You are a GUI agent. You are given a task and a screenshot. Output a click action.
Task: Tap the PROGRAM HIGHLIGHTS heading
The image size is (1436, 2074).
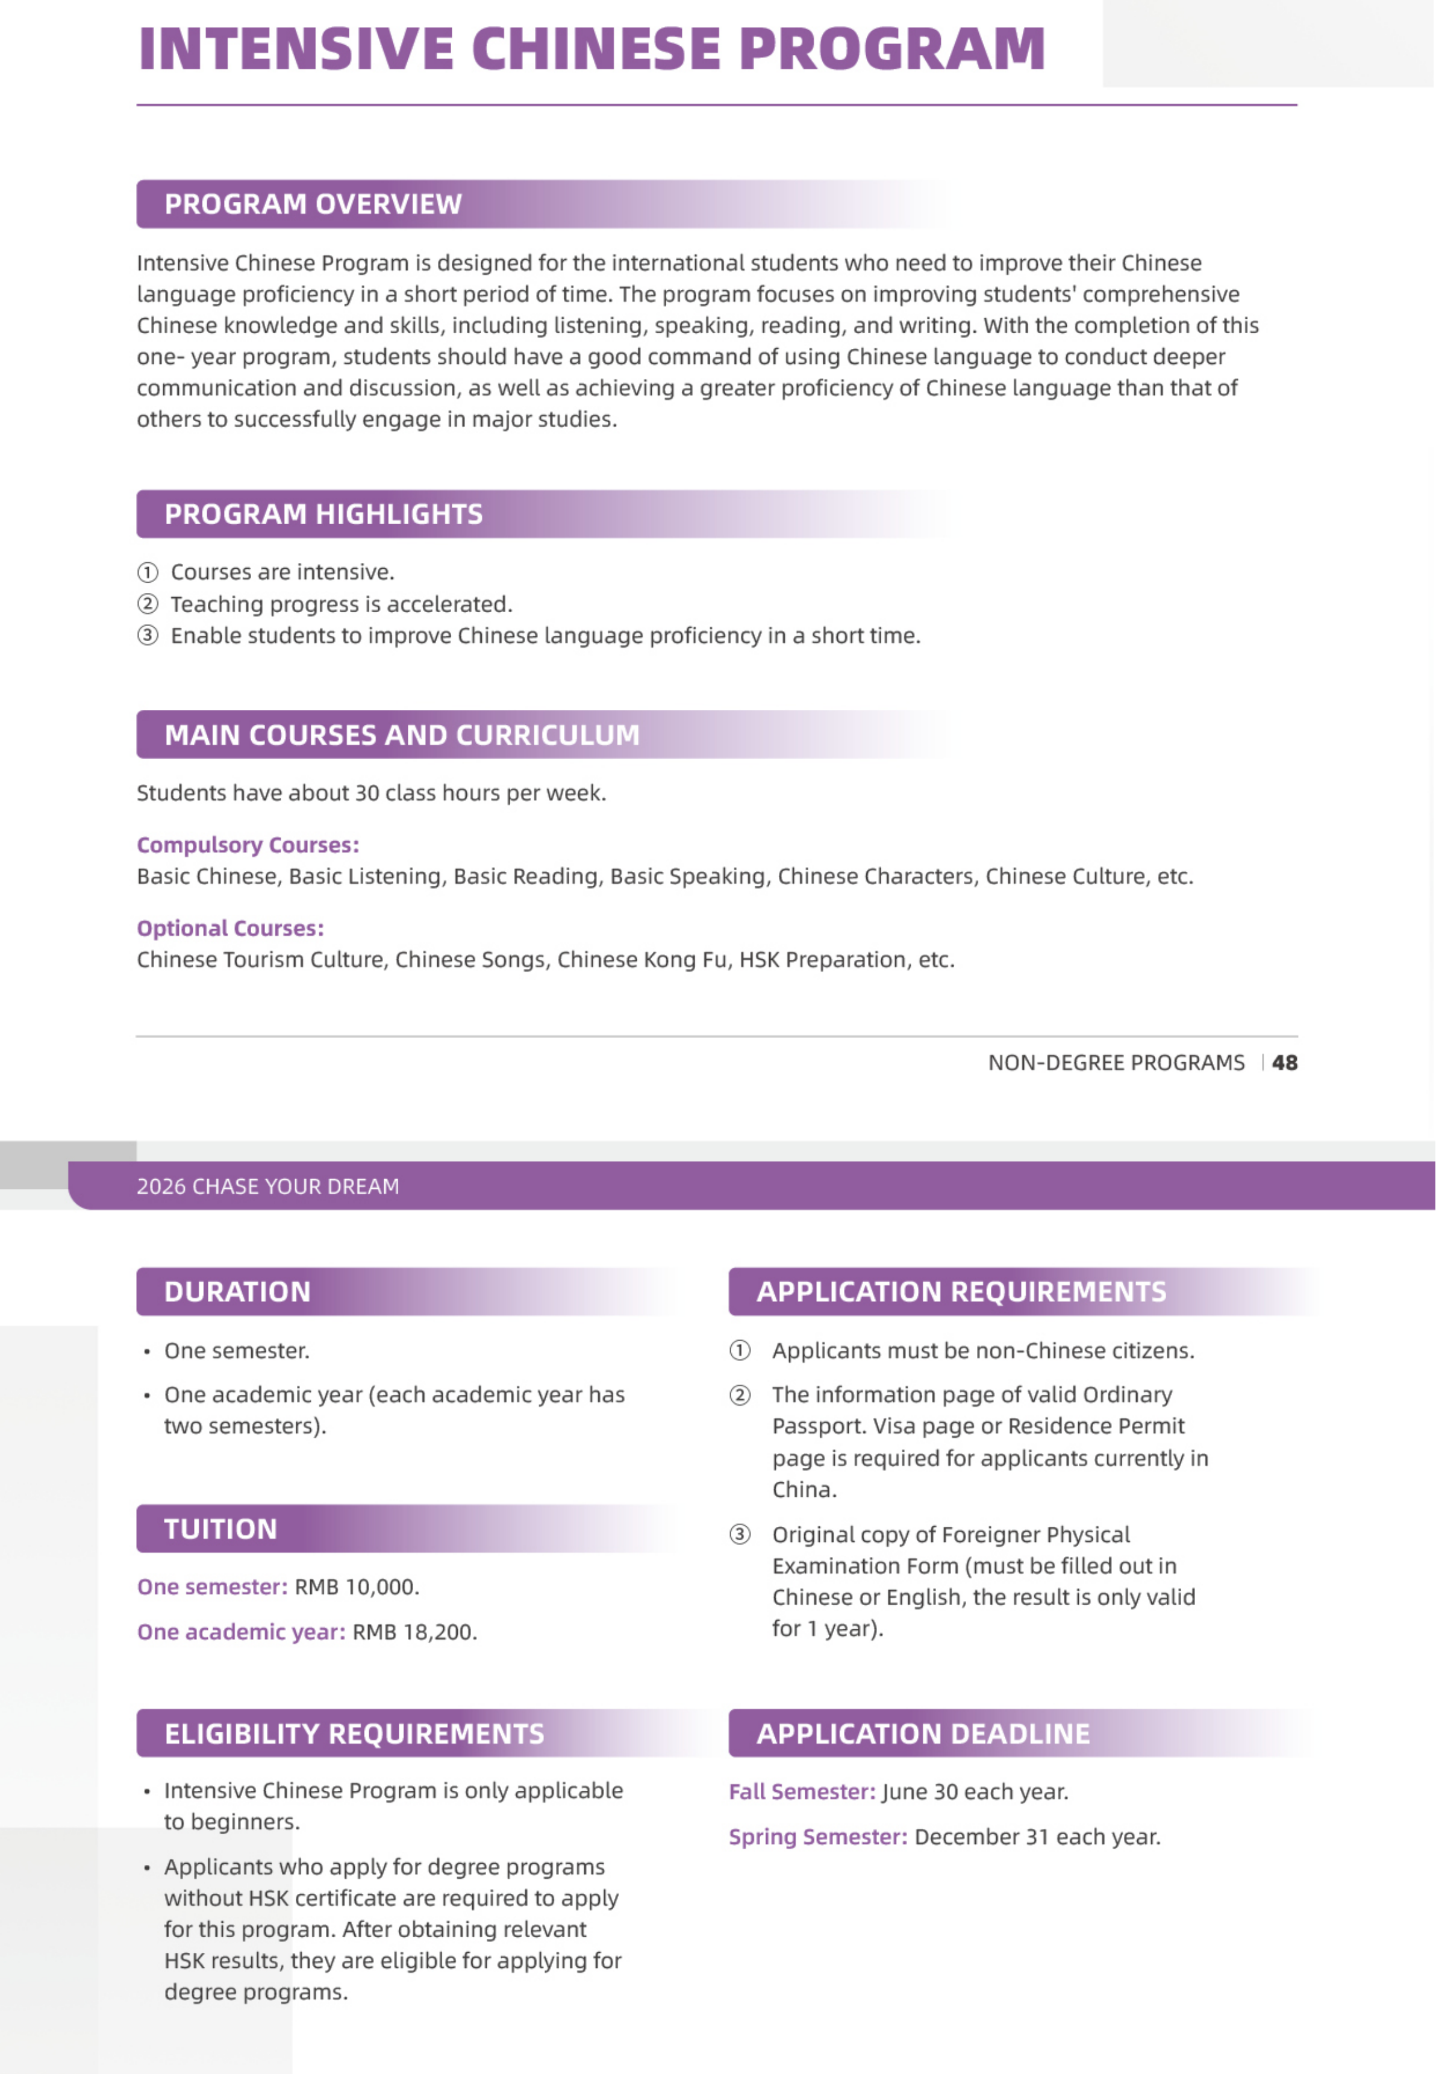323,514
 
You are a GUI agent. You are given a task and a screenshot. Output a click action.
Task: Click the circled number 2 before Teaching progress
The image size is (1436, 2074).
148,604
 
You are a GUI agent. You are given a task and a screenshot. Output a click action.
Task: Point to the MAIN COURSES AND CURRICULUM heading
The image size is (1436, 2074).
401,735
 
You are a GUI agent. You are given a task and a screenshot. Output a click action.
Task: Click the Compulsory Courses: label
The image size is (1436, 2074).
248,845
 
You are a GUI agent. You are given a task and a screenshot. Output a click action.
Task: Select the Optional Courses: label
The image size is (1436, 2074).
230,928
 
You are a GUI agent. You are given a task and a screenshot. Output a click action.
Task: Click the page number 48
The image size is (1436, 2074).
1284,1063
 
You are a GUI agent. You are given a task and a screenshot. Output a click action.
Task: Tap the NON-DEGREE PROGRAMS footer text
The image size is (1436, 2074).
1116,1063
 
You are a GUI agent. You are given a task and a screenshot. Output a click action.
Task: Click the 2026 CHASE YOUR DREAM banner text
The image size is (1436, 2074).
267,1186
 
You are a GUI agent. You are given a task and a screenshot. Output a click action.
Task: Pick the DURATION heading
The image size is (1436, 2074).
237,1292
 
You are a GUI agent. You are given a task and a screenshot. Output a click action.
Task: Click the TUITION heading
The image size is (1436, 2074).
220,1529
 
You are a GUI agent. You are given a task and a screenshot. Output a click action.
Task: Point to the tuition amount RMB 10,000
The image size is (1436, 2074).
357,1587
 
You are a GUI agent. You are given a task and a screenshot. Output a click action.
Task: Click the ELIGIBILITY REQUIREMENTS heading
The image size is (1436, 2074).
354,1734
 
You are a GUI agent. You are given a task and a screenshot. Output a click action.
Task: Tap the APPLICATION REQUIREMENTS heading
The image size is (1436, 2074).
961,1292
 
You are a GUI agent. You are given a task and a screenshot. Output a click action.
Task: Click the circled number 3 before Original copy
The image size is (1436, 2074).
740,1534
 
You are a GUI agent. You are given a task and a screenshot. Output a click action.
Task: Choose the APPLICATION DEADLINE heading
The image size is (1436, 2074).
922,1734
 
